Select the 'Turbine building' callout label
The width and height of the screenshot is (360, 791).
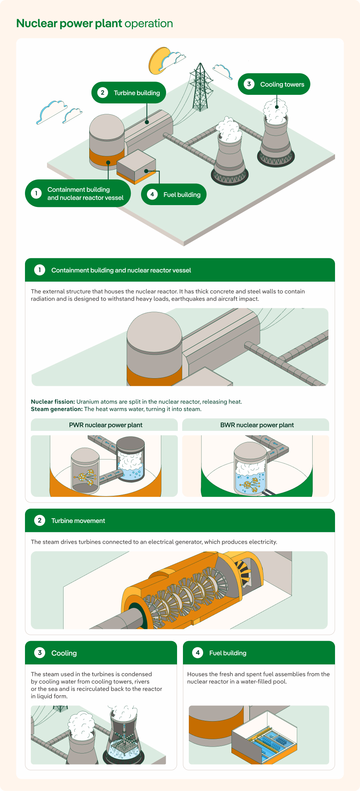129,93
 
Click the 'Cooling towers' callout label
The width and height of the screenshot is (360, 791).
274,84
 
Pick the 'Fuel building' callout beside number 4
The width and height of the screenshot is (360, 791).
174,194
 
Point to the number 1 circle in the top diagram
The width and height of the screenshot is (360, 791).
36,193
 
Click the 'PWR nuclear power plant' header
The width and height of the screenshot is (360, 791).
105,425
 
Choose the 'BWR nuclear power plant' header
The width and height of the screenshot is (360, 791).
257,425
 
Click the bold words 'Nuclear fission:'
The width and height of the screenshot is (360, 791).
53,402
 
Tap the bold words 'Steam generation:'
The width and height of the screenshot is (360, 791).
57,409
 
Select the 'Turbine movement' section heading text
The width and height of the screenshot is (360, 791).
78,521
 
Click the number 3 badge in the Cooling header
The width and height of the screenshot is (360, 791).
40,653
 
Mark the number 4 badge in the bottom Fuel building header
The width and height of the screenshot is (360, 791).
198,653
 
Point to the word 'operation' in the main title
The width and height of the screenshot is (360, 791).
149,24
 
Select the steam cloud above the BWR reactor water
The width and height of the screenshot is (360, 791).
251,468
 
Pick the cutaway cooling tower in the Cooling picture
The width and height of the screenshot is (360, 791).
124,735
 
